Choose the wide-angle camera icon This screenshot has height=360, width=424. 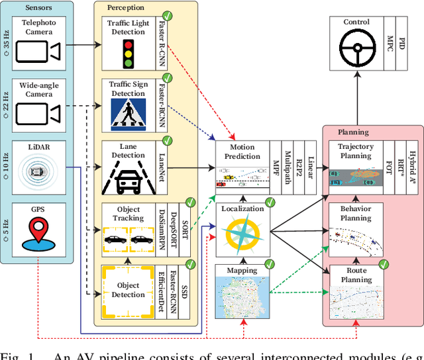click(x=38, y=114)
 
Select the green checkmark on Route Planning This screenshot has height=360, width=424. click(x=382, y=265)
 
